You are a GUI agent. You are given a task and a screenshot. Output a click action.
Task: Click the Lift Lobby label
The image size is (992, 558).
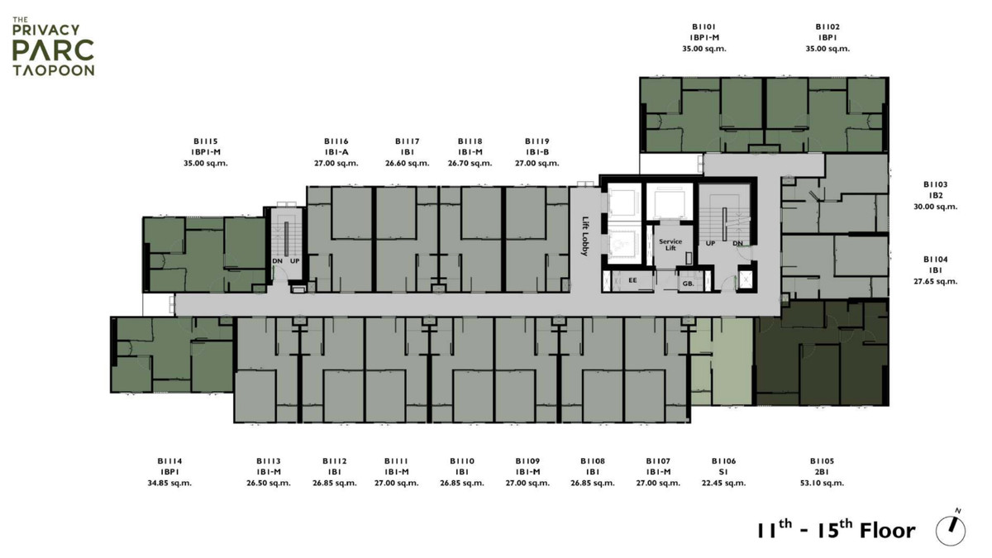click(585, 236)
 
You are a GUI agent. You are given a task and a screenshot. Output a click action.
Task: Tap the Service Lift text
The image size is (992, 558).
click(670, 245)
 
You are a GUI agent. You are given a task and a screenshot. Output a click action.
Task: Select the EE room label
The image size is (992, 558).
click(633, 280)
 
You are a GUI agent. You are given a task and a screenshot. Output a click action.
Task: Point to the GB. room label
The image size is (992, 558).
click(688, 284)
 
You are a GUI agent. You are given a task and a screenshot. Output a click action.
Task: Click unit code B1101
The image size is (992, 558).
click(704, 27)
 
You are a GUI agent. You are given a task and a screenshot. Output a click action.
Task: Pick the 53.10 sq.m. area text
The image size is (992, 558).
click(822, 483)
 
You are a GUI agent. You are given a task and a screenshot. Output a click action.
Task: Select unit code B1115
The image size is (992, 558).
click(206, 141)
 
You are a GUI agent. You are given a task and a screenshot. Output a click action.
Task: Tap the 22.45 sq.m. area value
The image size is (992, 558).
click(723, 483)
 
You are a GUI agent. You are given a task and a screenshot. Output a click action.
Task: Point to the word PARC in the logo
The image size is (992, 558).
click(53, 50)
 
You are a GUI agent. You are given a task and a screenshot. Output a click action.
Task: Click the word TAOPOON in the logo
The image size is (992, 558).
click(54, 70)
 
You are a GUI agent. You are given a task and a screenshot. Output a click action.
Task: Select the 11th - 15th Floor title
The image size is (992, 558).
click(836, 529)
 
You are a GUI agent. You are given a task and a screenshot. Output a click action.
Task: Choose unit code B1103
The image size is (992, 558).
click(935, 184)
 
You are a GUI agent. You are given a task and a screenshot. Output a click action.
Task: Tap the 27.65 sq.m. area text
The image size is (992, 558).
click(935, 281)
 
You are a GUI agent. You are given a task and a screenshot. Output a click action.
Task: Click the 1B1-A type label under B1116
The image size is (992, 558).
click(336, 152)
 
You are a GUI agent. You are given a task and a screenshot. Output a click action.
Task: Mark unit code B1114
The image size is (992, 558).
click(169, 461)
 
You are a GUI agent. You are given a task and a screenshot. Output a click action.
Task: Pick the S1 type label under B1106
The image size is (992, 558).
click(723, 472)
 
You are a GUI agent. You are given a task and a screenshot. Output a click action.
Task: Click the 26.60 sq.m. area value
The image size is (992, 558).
click(408, 164)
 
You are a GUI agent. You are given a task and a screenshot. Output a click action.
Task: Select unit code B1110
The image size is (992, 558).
click(462, 461)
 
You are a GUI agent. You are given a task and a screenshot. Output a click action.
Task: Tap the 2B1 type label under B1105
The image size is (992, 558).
click(822, 472)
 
